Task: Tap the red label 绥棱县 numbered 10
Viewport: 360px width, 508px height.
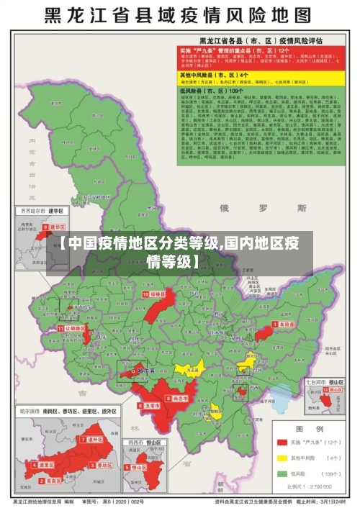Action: (156, 294)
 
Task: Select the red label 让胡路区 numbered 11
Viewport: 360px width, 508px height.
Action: (75, 328)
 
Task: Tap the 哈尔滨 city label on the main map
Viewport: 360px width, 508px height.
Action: (145, 371)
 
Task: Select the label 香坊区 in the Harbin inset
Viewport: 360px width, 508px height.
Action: (103, 465)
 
